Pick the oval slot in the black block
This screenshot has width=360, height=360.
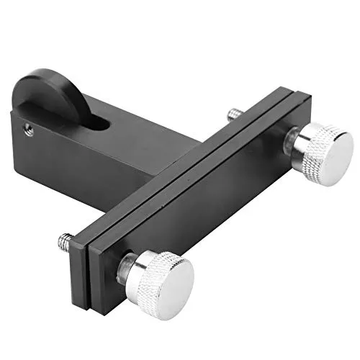point(98,124)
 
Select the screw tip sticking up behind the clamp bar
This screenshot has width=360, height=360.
point(235,113)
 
